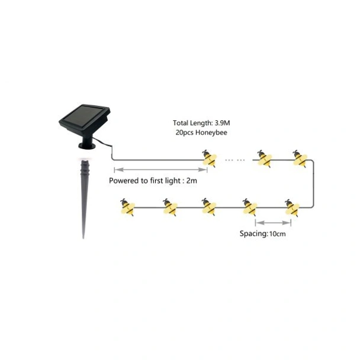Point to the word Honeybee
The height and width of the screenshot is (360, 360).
pyautogui.click(x=212, y=133)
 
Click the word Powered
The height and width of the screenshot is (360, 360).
pyautogui.click(x=125, y=181)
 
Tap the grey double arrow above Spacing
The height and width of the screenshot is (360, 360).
pyautogui.click(x=273, y=223)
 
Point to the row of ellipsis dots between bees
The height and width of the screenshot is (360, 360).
pyautogui.click(x=235, y=160)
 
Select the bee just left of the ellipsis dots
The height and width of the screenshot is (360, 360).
pyautogui.click(x=209, y=159)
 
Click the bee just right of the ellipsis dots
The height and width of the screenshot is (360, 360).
pyautogui.click(x=264, y=158)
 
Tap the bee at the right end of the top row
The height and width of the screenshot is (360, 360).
pyautogui.click(x=300, y=158)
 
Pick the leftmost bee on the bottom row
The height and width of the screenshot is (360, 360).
pyautogui.click(x=127, y=207)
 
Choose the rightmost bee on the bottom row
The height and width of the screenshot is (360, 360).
pyautogui.click(x=292, y=207)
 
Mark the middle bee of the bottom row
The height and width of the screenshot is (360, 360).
pyautogui.click(x=208, y=207)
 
